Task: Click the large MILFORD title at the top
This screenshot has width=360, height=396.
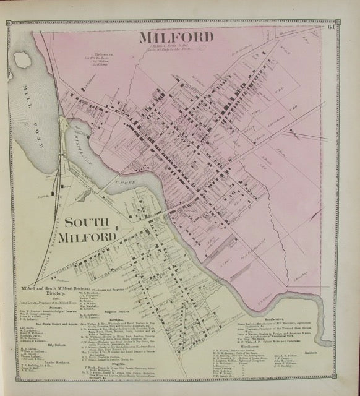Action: tap(176, 38)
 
